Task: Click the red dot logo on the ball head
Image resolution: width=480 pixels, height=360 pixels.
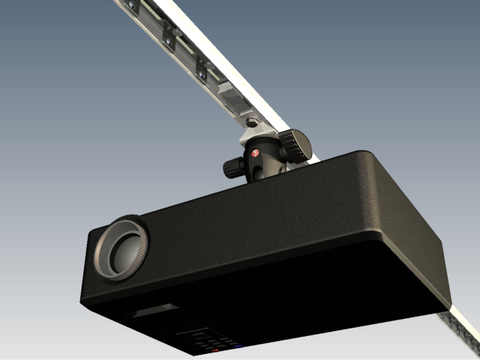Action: [255, 153]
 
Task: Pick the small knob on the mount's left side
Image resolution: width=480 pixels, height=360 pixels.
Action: [231, 166]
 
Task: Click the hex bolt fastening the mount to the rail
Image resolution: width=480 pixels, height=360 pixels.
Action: [252, 121]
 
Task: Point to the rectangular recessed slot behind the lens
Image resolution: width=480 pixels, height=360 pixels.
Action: [156, 310]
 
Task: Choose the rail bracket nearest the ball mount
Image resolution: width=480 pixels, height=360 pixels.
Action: [203, 71]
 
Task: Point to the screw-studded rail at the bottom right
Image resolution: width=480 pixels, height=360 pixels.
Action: [461, 330]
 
